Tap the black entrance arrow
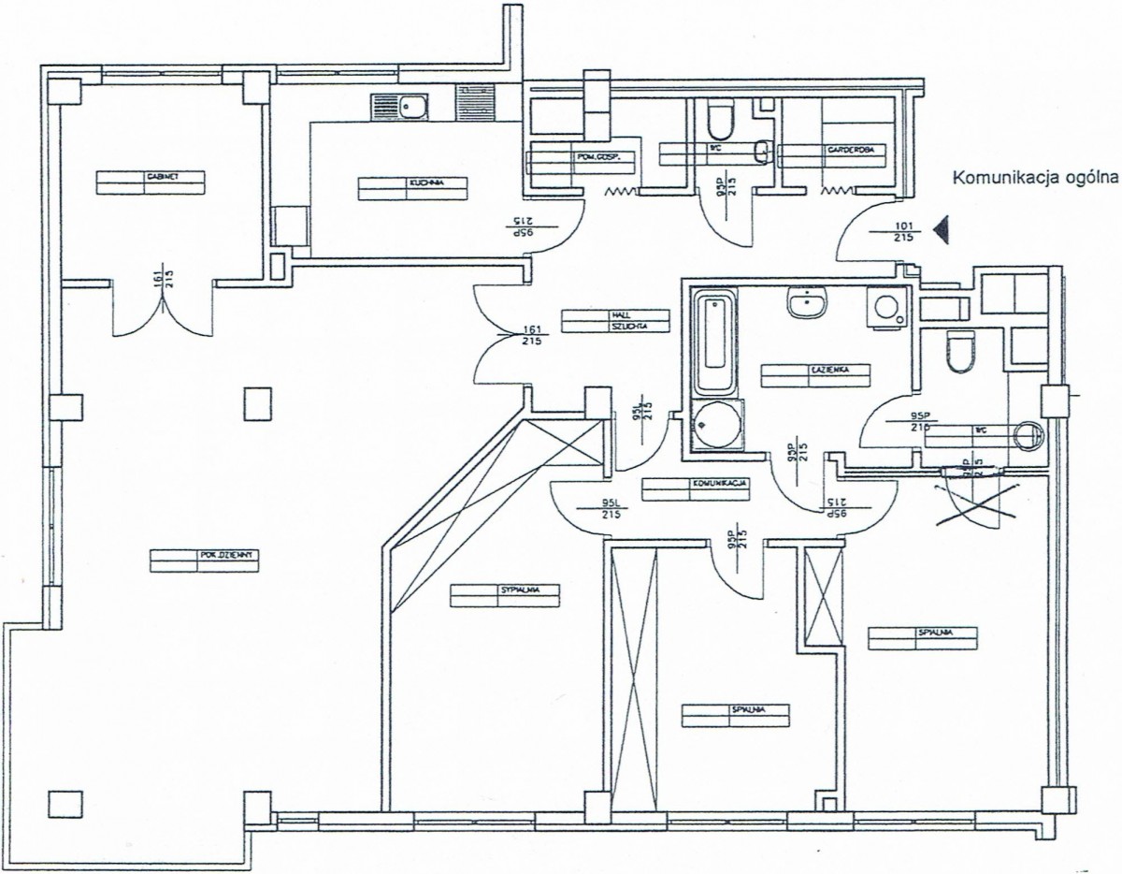click(942, 229)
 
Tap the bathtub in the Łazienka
click(715, 342)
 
